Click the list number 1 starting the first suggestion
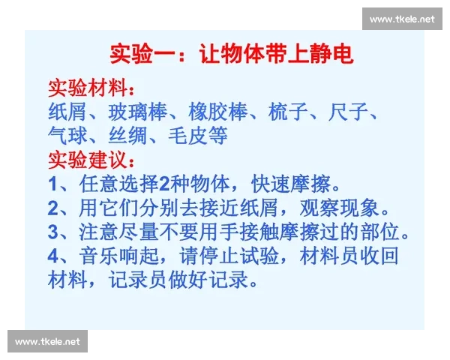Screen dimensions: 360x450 click(52, 184)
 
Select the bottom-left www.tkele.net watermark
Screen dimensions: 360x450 click(47, 342)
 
